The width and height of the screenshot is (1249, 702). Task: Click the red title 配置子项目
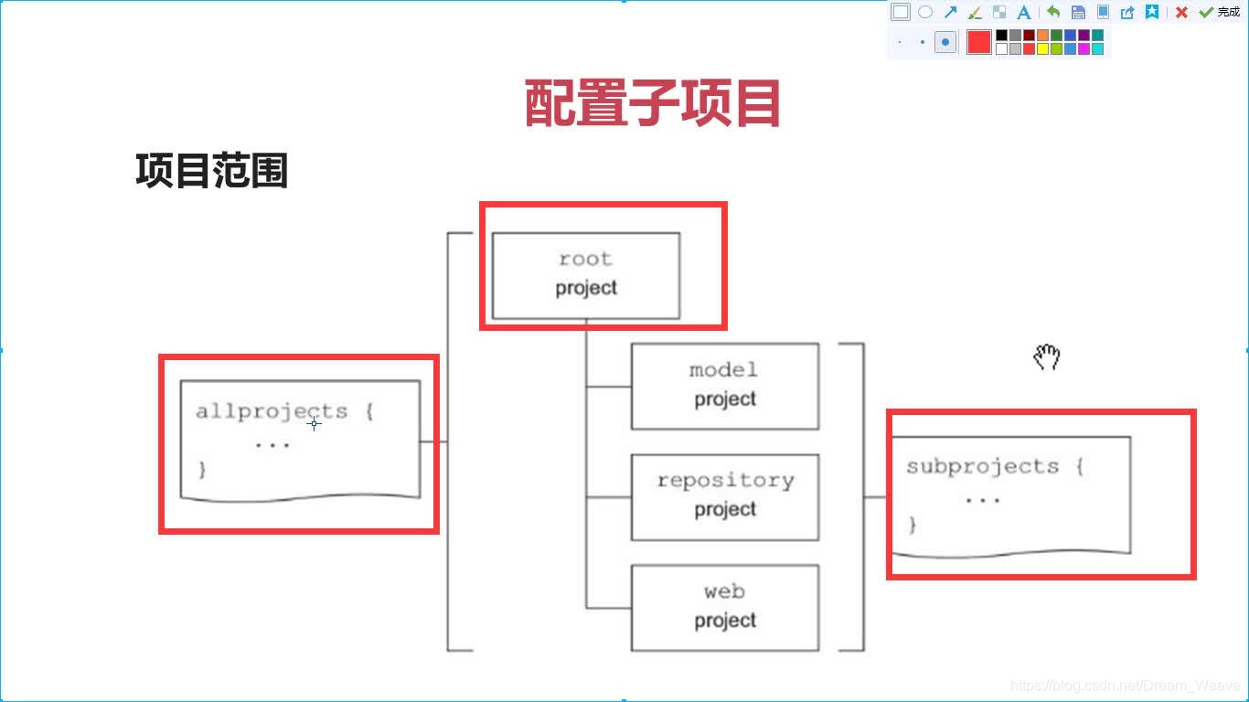tap(653, 103)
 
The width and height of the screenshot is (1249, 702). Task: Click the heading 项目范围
tap(212, 171)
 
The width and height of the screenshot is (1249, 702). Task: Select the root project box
tap(586, 274)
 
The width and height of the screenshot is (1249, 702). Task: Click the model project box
tap(724, 385)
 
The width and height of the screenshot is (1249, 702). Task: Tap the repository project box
tap(724, 495)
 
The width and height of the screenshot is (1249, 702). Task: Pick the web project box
tap(724, 606)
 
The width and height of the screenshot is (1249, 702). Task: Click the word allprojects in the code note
tap(272, 411)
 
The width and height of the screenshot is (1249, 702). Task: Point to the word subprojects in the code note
tap(982, 466)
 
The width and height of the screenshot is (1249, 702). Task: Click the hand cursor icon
tap(1046, 356)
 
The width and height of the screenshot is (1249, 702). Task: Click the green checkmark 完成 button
tap(1219, 12)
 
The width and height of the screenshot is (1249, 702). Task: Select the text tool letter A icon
tap(1024, 12)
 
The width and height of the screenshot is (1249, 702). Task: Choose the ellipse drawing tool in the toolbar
tap(925, 12)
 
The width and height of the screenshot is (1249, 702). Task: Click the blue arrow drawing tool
tap(950, 12)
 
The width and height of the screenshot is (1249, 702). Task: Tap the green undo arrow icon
tap(1053, 12)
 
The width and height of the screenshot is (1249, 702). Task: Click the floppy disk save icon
tap(1078, 12)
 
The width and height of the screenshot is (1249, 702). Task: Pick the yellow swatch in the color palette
tap(1042, 48)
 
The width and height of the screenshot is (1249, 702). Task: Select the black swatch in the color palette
tap(1001, 36)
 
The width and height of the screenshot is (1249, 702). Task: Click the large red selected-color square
tap(979, 42)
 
